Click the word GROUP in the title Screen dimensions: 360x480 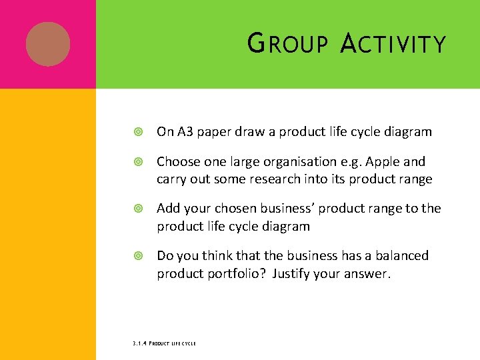click(x=287, y=44)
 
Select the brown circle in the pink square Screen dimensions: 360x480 click(x=48, y=44)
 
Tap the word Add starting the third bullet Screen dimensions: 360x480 click(x=168, y=209)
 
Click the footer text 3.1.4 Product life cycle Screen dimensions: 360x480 click(x=164, y=343)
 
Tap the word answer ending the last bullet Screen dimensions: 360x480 click(x=366, y=273)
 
